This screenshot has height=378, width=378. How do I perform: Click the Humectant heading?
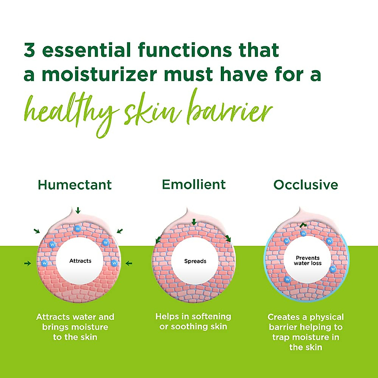(75, 185)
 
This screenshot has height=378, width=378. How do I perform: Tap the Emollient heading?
(194, 184)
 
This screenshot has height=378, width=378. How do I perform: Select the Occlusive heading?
(306, 185)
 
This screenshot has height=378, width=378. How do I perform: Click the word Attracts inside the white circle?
(80, 261)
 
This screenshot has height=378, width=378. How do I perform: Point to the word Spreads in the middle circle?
(195, 261)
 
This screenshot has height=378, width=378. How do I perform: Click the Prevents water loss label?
(307, 261)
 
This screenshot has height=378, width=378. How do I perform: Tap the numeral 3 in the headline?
(29, 50)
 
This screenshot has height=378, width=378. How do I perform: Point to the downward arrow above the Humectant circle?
(78, 210)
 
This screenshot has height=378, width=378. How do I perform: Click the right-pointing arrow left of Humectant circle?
(28, 263)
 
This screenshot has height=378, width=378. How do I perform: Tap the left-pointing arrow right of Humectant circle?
(129, 263)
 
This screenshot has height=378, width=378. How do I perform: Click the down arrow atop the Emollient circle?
(194, 222)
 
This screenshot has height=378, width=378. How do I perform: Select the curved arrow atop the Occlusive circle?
(303, 225)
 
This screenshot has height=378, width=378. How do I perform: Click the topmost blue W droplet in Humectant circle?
(77, 228)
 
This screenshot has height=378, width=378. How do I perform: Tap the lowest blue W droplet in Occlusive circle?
(287, 279)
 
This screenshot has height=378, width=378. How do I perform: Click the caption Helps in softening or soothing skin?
(193, 321)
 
